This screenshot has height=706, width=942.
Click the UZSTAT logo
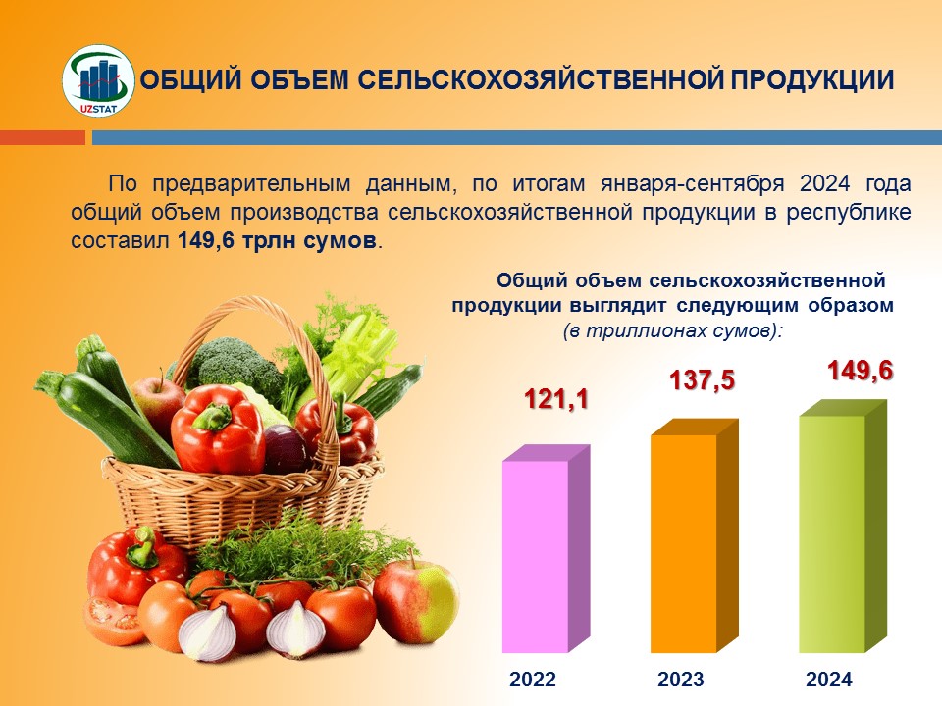pyautogui.click(x=98, y=81)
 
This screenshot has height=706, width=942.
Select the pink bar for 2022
pyautogui.click(x=547, y=549)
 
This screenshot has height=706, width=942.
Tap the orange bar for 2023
pyautogui.click(x=695, y=535)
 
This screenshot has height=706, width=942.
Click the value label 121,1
pyautogui.click(x=556, y=399)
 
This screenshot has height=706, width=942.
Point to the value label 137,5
pyautogui.click(x=703, y=380)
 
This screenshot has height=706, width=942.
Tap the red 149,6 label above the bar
pyautogui.click(x=861, y=371)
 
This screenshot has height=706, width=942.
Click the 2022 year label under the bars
pyautogui.click(x=533, y=679)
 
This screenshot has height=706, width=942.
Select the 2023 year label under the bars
pyautogui.click(x=681, y=679)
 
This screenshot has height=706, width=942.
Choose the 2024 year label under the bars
pyautogui.click(x=829, y=679)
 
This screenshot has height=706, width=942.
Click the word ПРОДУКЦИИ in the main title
pyautogui.click(x=812, y=80)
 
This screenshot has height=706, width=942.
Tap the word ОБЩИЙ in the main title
pyautogui.click(x=191, y=80)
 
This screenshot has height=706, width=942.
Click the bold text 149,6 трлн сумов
pyautogui.click(x=277, y=241)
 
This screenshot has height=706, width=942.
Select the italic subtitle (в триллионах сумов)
pyautogui.click(x=673, y=330)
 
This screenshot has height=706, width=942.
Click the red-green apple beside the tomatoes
pyautogui.click(x=416, y=601)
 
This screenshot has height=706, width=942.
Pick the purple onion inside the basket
pyautogui.click(x=285, y=448)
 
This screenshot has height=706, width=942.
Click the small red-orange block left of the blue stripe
pyautogui.click(x=42, y=138)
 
